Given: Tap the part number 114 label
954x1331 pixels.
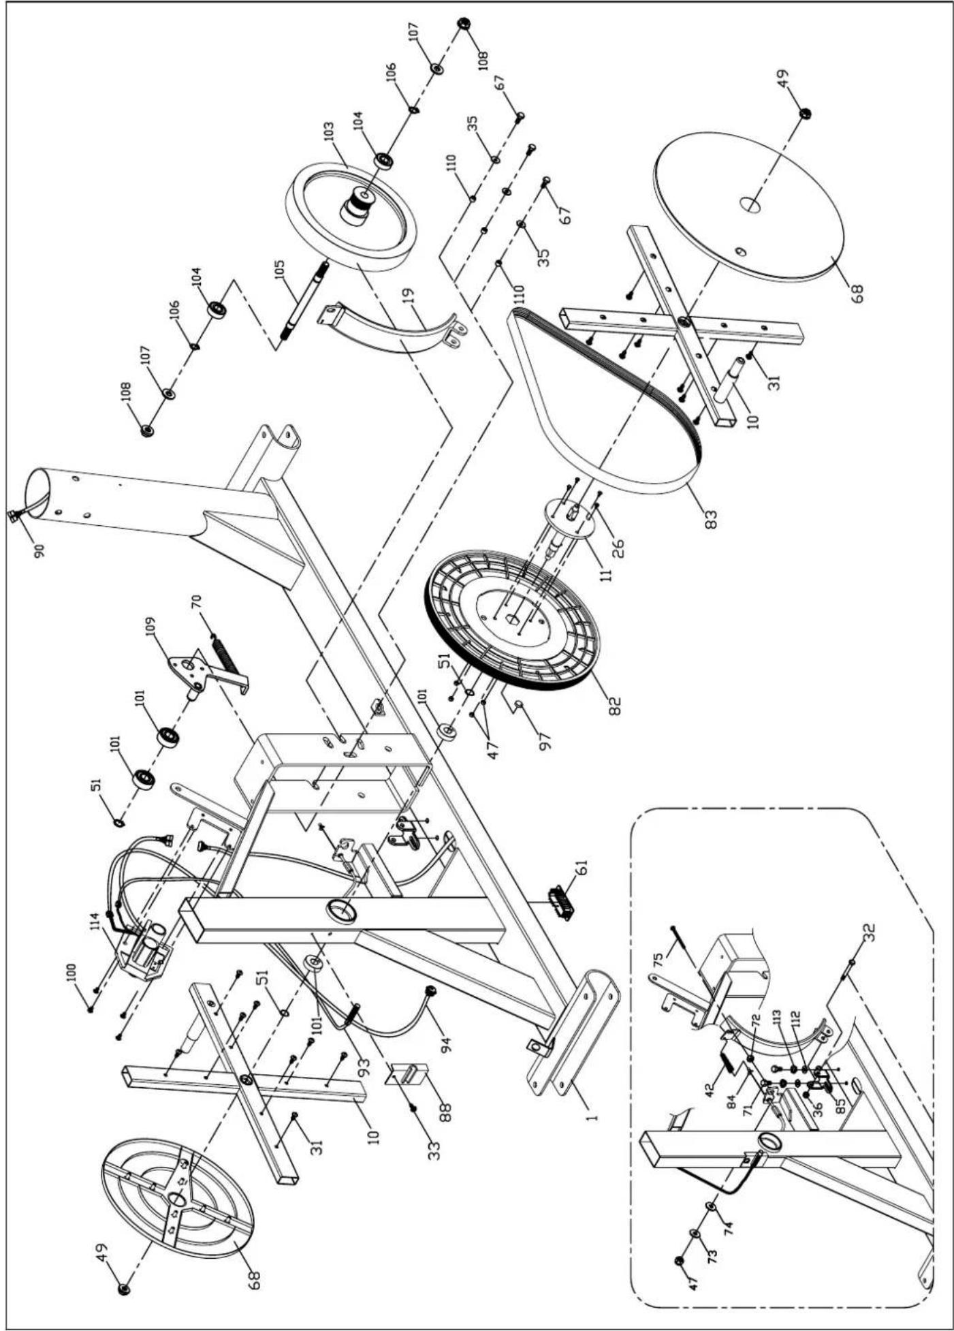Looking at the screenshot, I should (x=95, y=920).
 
